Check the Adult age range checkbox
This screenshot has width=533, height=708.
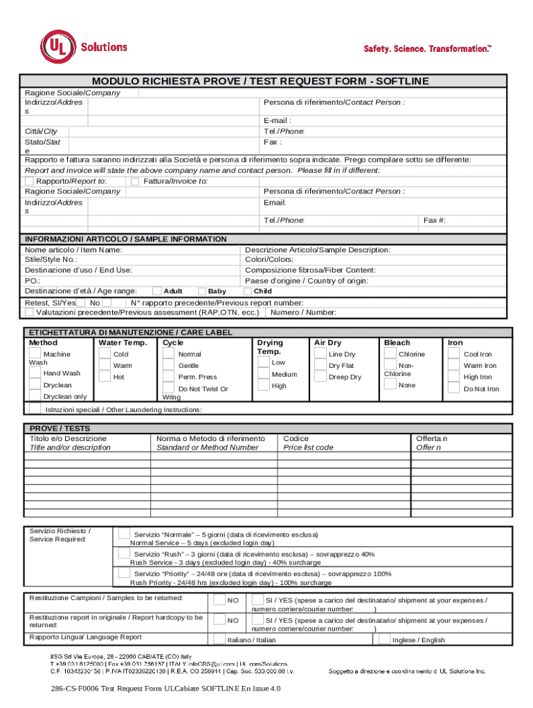[157, 291]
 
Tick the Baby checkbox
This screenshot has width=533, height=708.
[203, 291]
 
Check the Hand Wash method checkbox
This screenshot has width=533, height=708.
[35, 373]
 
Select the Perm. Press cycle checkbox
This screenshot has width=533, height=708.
[168, 377]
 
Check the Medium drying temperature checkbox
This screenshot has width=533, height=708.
[263, 374]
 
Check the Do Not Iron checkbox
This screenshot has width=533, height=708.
[453, 389]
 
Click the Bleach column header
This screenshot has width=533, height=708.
[397, 343]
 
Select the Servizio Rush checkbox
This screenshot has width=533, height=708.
[123, 553]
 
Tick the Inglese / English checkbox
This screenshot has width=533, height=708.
[383, 640]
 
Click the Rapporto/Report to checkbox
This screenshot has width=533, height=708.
[29, 181]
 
